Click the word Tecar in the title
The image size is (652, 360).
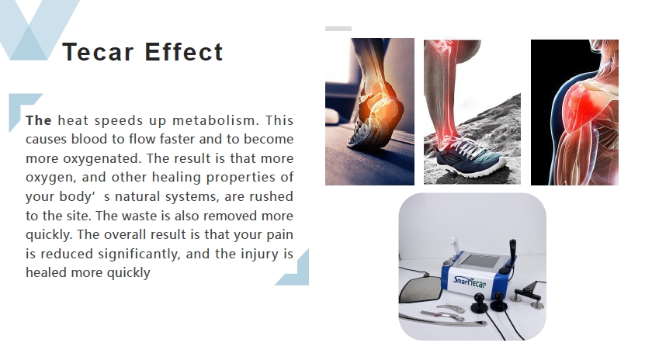98,52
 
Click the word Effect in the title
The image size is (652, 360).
184,52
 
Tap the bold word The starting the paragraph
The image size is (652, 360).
39,120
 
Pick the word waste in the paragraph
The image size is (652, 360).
152,216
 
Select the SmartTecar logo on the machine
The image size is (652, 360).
469,282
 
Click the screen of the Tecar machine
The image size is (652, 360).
481,261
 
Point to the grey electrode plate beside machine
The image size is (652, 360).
420,289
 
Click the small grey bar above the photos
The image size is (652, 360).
338,29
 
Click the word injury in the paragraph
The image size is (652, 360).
260,254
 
